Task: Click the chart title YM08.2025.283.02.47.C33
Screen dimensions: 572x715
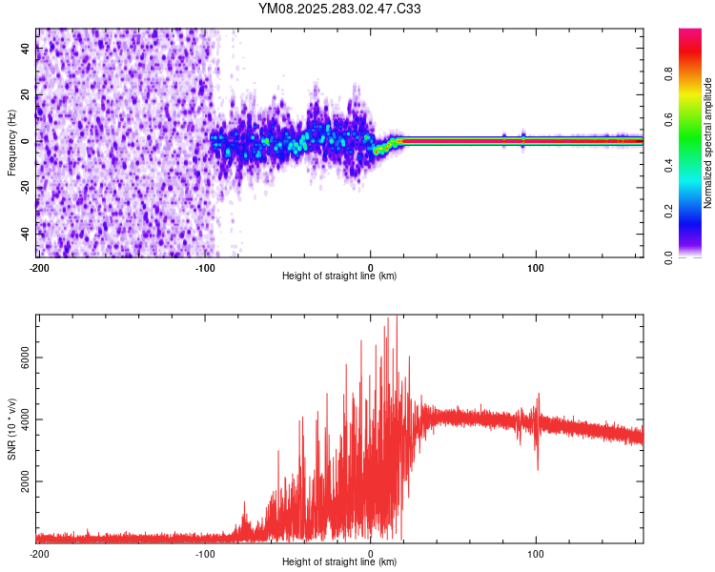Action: click(339, 9)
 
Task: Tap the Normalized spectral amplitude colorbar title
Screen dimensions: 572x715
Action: click(708, 143)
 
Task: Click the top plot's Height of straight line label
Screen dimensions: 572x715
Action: click(339, 276)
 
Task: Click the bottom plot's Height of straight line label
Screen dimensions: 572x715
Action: click(339, 562)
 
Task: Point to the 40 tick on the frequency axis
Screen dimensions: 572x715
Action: click(26, 50)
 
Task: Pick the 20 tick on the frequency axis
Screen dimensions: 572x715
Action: click(26, 95)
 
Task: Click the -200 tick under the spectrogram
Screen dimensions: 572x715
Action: click(39, 267)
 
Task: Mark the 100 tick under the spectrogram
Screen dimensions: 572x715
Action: click(536, 267)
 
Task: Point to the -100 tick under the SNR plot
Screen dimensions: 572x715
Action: click(205, 553)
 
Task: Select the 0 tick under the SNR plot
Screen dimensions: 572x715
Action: click(371, 553)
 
